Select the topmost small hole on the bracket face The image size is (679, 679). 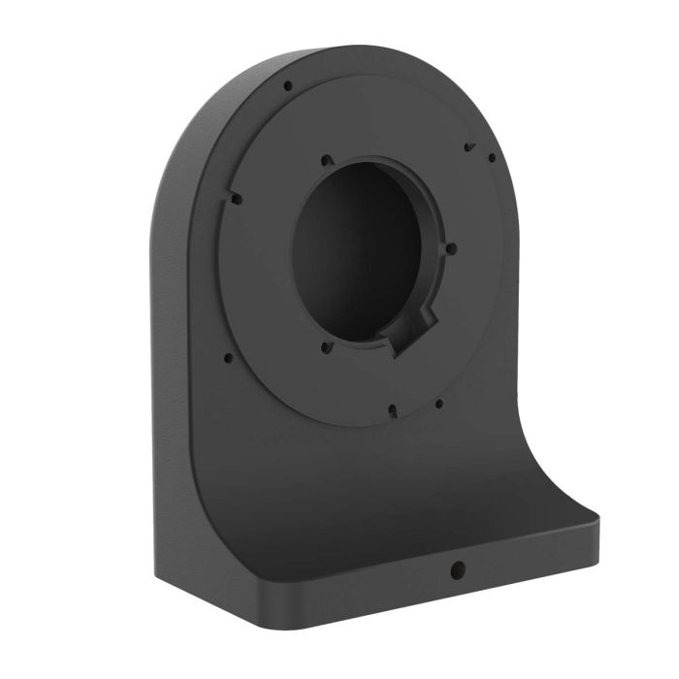tap(287, 86)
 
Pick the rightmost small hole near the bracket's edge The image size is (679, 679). tap(492, 158)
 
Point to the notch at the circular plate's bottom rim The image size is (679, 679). tap(392, 410)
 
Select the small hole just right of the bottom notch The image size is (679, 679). tap(438, 404)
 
